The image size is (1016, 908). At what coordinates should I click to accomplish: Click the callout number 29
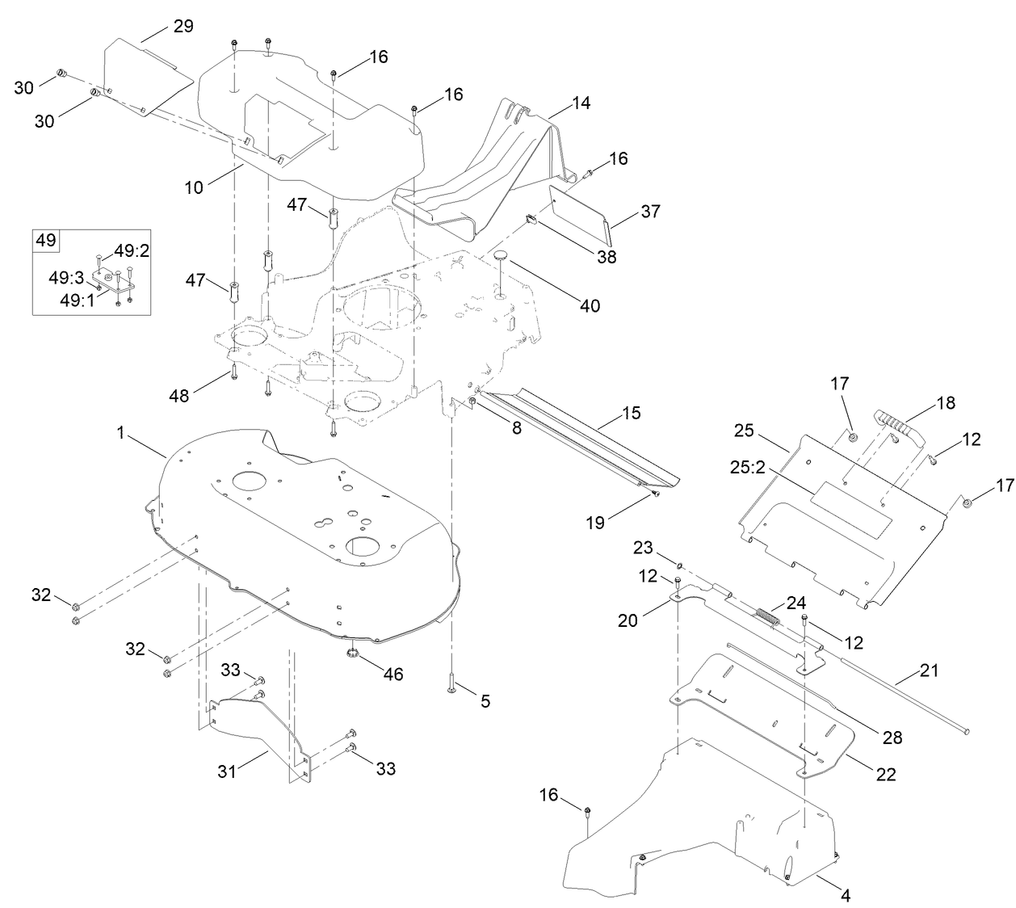183,26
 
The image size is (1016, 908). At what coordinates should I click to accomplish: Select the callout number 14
581,103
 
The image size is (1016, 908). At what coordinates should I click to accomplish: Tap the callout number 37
650,212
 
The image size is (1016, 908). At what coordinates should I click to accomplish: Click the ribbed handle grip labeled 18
892,425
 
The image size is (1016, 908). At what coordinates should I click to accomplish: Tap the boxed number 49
45,239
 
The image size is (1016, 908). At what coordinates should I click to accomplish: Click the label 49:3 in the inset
65,279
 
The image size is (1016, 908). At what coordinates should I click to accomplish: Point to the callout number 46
393,674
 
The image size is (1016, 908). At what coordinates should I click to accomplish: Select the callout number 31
227,771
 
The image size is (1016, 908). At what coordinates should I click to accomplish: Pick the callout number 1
121,433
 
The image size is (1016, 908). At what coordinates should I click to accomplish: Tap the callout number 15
632,413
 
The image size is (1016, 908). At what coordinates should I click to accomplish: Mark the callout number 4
845,895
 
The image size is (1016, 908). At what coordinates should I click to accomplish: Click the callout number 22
886,773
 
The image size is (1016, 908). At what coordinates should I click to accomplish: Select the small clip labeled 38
532,219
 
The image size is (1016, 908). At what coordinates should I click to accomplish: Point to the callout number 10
194,188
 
